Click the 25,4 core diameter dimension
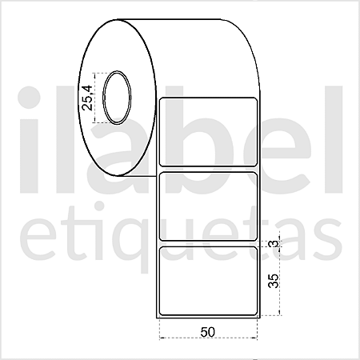click(87, 98)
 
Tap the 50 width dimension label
click(208, 332)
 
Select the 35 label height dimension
click(274, 281)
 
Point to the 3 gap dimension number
click(274, 244)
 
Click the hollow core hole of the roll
click(117, 98)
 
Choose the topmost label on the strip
click(208, 132)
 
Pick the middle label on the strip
click(208, 206)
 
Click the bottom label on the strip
click(208, 281)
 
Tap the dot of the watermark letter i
click(30, 98)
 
